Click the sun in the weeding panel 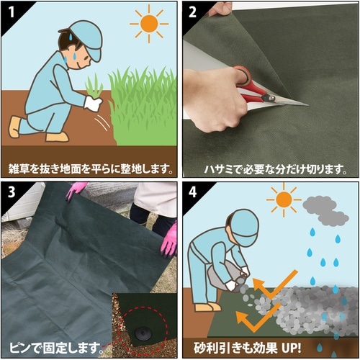click(x=149, y=23)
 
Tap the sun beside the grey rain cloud click(x=284, y=199)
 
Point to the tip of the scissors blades click(x=306, y=105)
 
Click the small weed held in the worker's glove click(x=94, y=88)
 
